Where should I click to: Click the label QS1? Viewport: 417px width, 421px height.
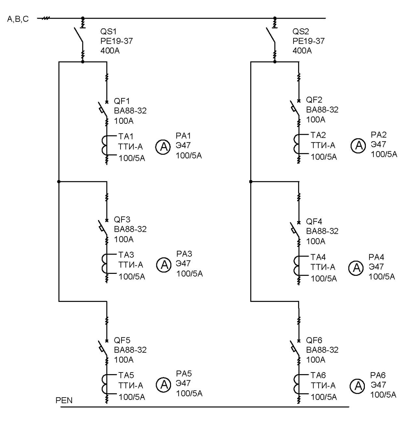pyautogui.click(x=108, y=32)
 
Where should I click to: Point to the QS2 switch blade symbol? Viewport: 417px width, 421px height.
pyautogui.click(x=270, y=35)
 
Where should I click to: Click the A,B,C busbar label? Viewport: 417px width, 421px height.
pyautogui.click(x=18, y=19)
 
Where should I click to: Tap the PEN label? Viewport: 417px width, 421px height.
pyautogui.click(x=64, y=400)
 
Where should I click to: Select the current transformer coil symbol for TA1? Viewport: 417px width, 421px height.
pyautogui.click(x=105, y=145)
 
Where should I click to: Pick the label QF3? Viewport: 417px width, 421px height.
pyautogui.click(x=122, y=219)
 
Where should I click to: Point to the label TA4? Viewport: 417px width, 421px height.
pyautogui.click(x=318, y=257)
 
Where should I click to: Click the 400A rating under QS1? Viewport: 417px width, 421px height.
pyautogui.click(x=110, y=51)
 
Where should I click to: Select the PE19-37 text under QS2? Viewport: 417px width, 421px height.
pyautogui.click(x=309, y=41)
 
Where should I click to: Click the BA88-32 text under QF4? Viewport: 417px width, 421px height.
pyautogui.click(x=322, y=231)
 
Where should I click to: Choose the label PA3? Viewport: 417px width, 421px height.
pyautogui.click(x=184, y=254)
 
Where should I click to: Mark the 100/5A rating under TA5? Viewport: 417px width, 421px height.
pyautogui.click(x=132, y=397)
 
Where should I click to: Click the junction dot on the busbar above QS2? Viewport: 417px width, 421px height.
pyautogui.click(x=275, y=18)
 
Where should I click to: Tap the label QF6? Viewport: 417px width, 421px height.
pyautogui.click(x=314, y=340)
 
